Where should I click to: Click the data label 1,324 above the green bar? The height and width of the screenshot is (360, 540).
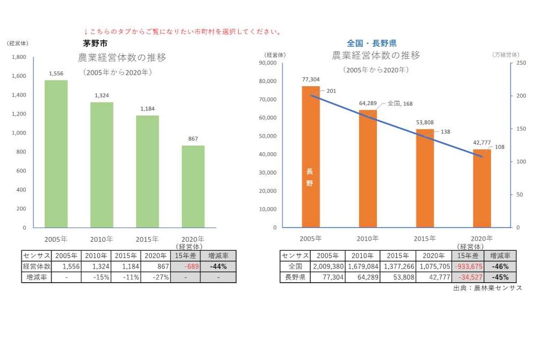click(101, 95)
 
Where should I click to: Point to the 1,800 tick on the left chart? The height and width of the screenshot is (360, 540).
click(19, 57)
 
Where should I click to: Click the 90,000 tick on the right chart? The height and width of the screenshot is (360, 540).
click(268, 63)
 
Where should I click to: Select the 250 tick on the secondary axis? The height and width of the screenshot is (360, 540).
click(521, 63)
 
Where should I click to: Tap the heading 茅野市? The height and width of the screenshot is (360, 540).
click(95, 44)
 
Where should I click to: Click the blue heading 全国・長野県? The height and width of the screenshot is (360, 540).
click(372, 44)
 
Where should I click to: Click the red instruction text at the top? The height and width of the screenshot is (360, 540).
click(182, 32)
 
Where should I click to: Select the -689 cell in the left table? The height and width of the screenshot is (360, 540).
click(185, 266)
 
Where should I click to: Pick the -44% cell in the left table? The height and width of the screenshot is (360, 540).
click(218, 266)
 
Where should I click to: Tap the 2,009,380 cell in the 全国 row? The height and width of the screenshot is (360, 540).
click(328, 266)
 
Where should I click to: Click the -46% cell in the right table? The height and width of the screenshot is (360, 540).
click(500, 266)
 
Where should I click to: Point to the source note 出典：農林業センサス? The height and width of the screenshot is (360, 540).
click(487, 288)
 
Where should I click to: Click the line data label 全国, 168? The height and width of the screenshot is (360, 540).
click(400, 104)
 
